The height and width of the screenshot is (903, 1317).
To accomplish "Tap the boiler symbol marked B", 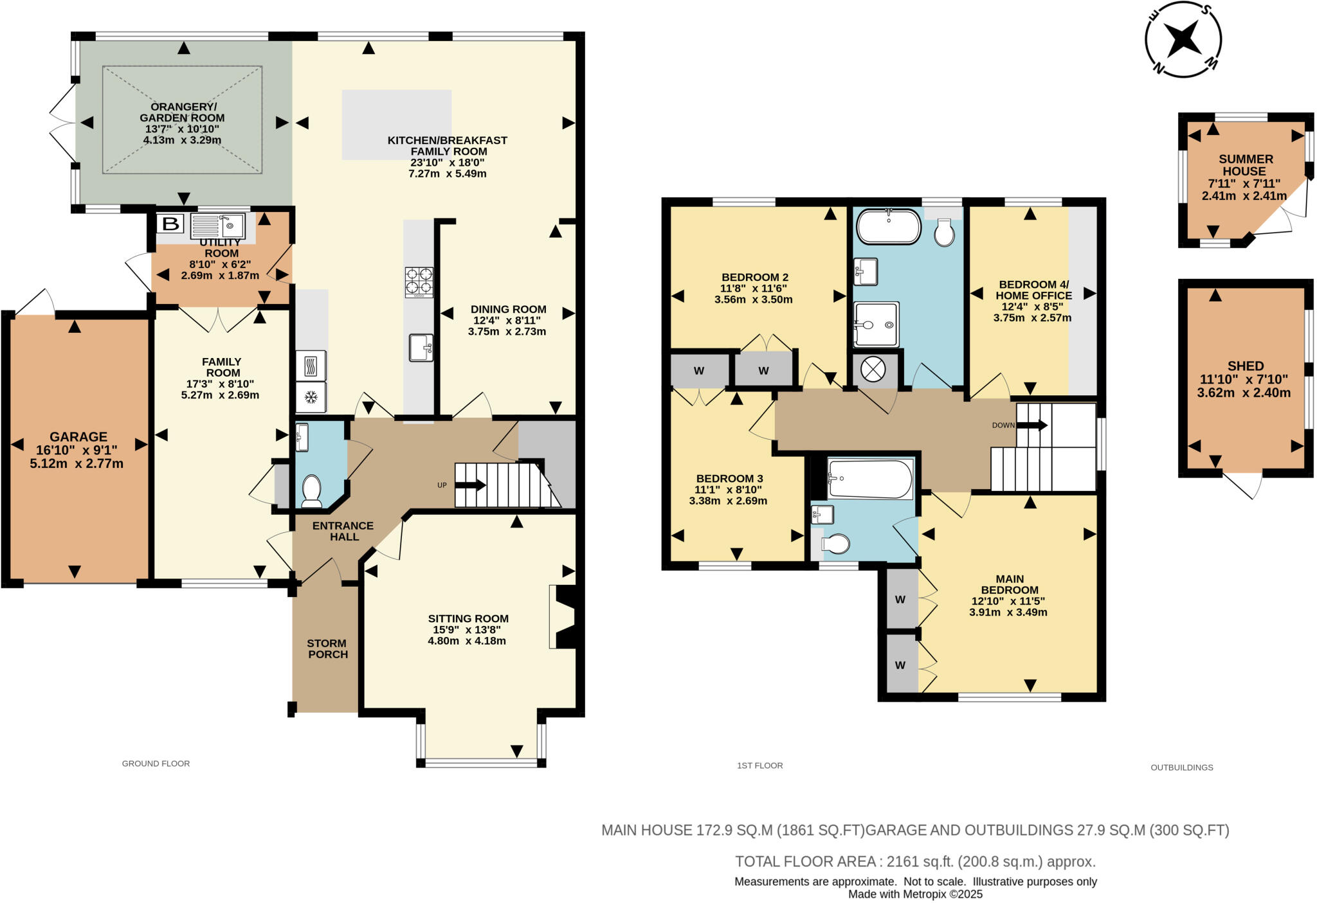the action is pyautogui.click(x=170, y=224).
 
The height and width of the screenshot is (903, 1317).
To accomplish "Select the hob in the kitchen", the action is pyautogui.click(x=419, y=282).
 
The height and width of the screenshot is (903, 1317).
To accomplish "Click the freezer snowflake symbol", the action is pyautogui.click(x=311, y=397).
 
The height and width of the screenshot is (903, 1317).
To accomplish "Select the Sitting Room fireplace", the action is pyautogui.click(x=562, y=617).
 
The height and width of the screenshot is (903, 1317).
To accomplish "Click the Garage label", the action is pyautogui.click(x=78, y=437).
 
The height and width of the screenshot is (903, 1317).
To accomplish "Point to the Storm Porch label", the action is pyautogui.click(x=327, y=648).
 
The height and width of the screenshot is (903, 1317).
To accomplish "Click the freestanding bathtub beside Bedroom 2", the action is pyautogui.click(x=889, y=226).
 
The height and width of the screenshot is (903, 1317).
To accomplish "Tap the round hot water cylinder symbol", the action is pyautogui.click(x=873, y=369).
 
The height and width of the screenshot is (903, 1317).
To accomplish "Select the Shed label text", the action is pyautogui.click(x=1246, y=366).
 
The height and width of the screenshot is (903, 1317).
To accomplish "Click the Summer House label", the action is pyautogui.click(x=1246, y=165).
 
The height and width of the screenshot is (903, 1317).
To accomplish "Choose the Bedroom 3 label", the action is pyautogui.click(x=729, y=478).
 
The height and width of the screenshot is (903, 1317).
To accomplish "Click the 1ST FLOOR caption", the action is pyautogui.click(x=759, y=765).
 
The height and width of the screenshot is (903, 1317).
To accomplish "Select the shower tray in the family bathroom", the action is pyautogui.click(x=876, y=325).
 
